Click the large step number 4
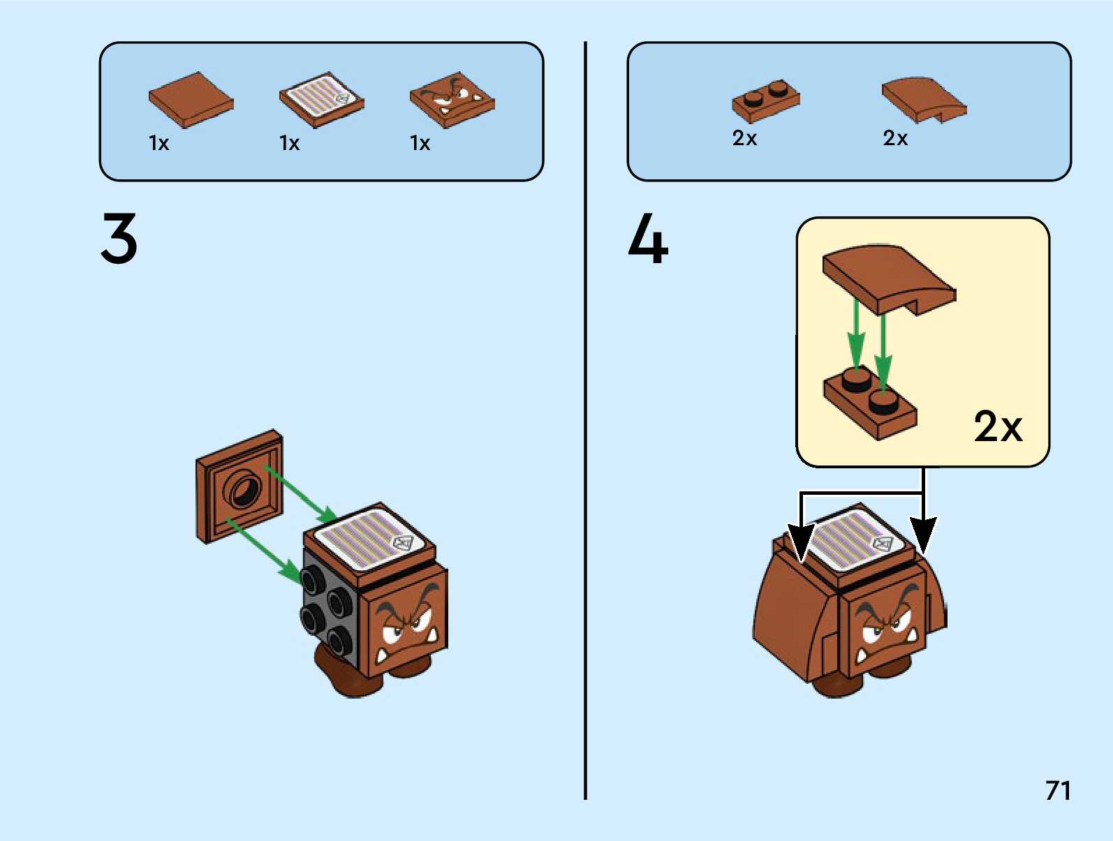pyautogui.click(x=648, y=239)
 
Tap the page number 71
pyautogui.click(x=1058, y=790)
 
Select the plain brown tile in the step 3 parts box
pyautogui.click(x=191, y=99)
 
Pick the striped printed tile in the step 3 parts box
pyautogui.click(x=321, y=99)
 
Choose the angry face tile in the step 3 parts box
pyautogui.click(x=452, y=99)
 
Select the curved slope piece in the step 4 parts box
pyautogui.click(x=923, y=99)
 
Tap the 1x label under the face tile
pyautogui.click(x=420, y=143)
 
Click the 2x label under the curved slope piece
pyautogui.click(x=895, y=138)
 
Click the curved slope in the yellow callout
pyautogui.click(x=889, y=278)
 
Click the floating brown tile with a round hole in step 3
pyautogui.click(x=239, y=486)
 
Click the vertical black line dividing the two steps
pyautogui.click(x=585, y=419)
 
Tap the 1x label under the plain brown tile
pyautogui.click(x=159, y=143)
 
